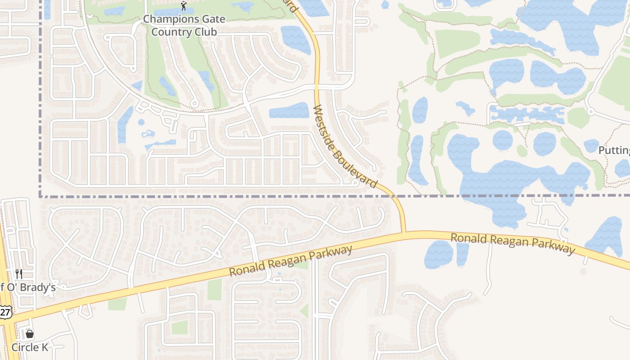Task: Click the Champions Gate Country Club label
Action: point(184,26)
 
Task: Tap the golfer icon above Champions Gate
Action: point(184,6)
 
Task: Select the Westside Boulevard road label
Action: point(345,147)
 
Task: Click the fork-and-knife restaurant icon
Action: point(19,274)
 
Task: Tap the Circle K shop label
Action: point(30,347)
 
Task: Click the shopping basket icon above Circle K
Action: point(30,334)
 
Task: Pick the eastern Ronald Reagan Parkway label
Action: point(513,243)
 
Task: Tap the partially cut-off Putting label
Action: point(614,150)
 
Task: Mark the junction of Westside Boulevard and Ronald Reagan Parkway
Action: point(404,233)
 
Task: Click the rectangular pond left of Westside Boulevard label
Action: point(289,110)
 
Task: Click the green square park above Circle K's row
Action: point(180,327)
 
